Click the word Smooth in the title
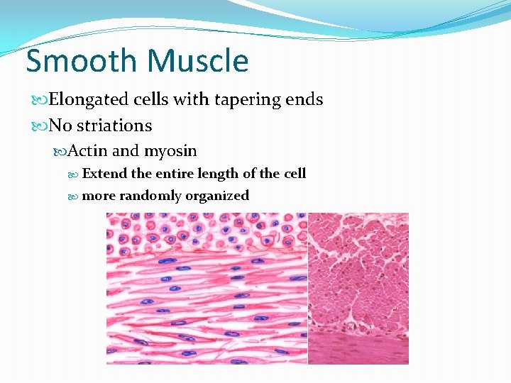78,61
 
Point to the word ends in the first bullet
303,100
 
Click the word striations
114,126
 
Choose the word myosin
170,151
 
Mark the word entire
177,174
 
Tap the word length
221,174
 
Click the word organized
217,196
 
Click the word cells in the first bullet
149,100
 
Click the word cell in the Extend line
295,174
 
